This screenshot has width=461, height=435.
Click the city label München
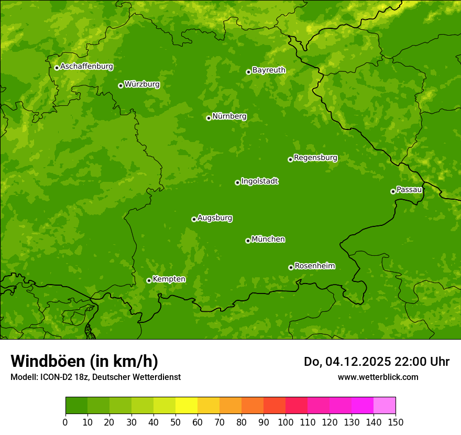(268, 240)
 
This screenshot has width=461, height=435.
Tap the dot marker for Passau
(393, 191)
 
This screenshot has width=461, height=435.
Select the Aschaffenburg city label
(86, 67)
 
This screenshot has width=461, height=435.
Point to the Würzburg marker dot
(120, 85)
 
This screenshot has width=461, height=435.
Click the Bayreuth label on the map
(269, 70)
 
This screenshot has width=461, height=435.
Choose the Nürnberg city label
(229, 116)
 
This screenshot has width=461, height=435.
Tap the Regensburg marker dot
(290, 159)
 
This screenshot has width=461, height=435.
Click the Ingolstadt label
(259, 181)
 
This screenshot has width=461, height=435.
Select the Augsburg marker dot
(194, 219)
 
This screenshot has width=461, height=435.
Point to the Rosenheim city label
(314, 266)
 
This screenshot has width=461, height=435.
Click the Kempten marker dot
(149, 280)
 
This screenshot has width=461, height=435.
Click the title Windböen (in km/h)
(84, 361)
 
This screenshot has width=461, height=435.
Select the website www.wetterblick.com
(378, 377)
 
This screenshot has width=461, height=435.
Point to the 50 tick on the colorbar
(175, 422)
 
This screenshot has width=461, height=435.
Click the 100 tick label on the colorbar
(286, 422)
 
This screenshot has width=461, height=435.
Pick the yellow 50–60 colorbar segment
(186, 406)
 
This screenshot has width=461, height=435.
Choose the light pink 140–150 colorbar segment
(385, 406)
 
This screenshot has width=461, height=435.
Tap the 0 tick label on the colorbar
(65, 422)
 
